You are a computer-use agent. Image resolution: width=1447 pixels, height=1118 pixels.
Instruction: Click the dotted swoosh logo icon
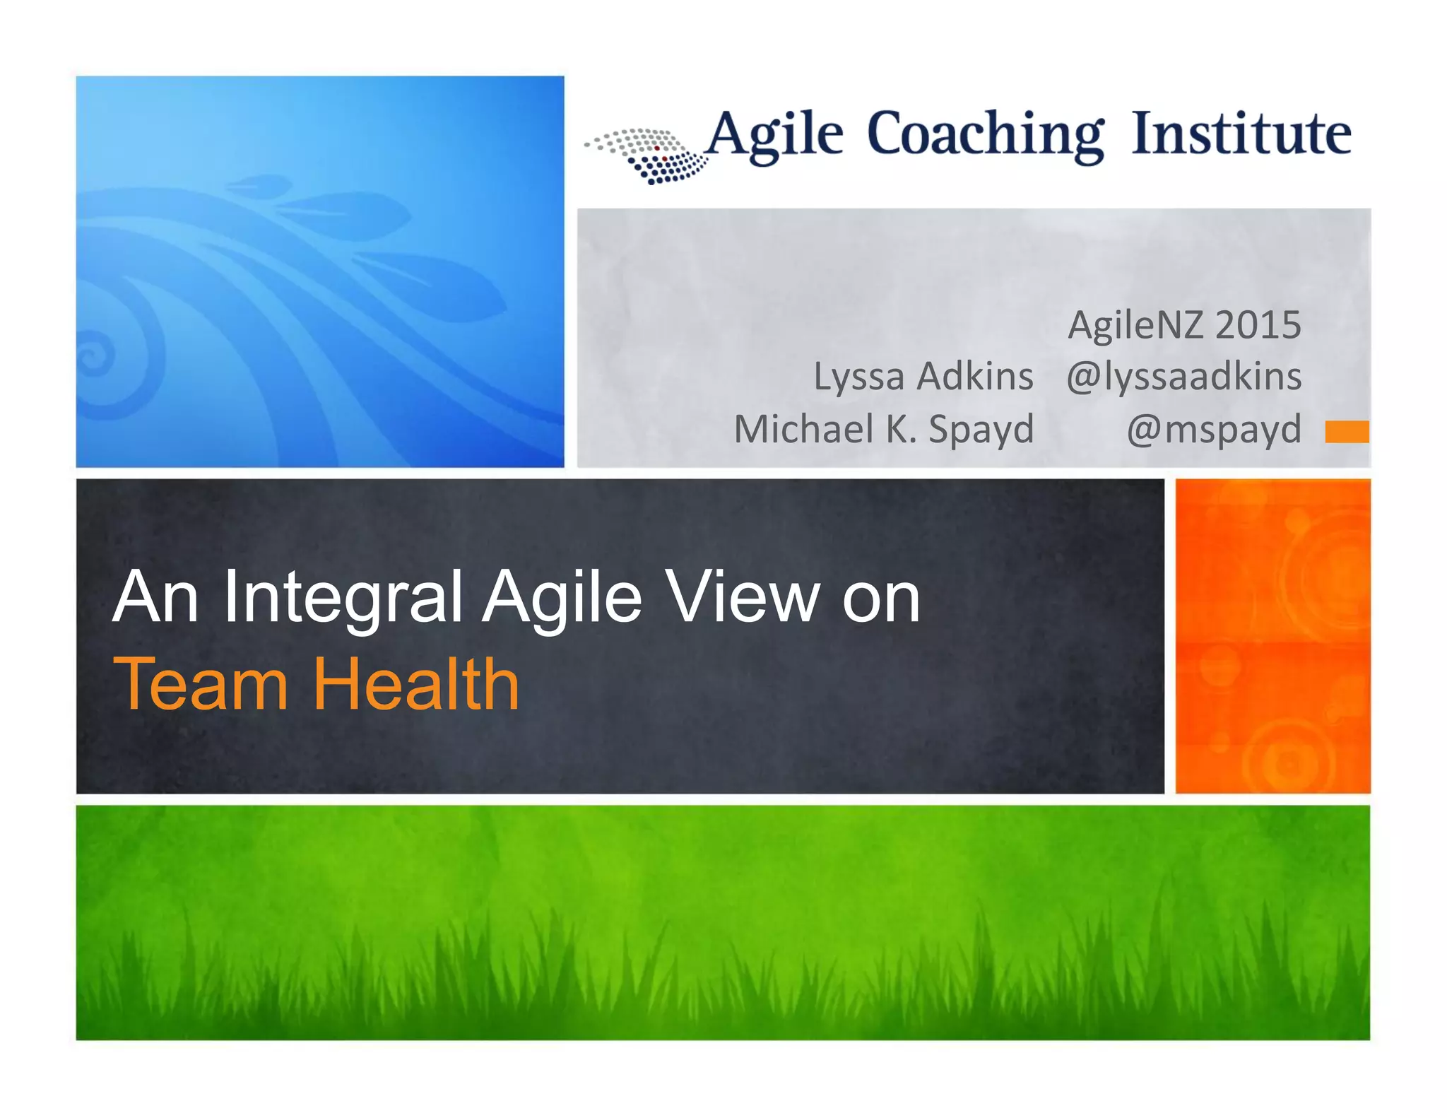click(649, 156)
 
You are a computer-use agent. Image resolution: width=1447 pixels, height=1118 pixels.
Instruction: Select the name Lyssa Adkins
click(923, 376)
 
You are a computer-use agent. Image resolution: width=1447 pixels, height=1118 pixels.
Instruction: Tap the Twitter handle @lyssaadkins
click(1183, 376)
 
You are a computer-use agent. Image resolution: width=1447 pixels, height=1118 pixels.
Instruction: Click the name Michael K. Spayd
click(883, 429)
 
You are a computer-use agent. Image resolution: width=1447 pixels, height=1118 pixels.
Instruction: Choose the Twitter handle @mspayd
click(1213, 429)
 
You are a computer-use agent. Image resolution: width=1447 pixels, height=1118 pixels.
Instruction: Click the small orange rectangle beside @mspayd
click(1347, 431)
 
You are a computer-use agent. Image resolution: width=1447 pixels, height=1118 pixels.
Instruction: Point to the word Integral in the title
click(343, 599)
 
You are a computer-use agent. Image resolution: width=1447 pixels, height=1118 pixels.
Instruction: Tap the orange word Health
click(416, 684)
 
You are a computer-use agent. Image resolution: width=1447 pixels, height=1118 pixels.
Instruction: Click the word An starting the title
click(155, 598)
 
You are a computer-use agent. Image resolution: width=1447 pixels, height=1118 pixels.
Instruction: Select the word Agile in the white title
click(562, 599)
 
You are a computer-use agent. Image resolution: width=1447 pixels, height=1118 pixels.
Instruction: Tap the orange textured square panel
click(1272, 636)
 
